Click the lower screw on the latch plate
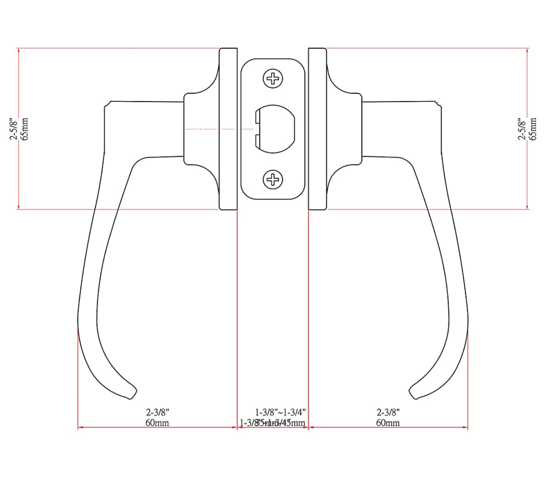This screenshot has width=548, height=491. coord(273,179)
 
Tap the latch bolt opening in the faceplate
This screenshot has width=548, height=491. coord(275,129)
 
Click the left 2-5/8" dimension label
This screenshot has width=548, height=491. coord(14,129)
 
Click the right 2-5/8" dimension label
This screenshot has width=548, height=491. coord(522,129)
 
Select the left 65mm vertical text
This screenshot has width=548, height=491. coord(25,129)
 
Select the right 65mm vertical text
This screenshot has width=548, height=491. coord(533,129)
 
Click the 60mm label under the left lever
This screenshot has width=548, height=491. coord(157,422)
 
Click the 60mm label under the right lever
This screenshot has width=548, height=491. coord(388,422)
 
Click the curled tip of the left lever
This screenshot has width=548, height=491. coord(132,392)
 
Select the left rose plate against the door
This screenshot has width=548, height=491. coord(229,129)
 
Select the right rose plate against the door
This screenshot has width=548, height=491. coord(317,129)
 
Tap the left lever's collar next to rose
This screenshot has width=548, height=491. coord(193,129)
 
